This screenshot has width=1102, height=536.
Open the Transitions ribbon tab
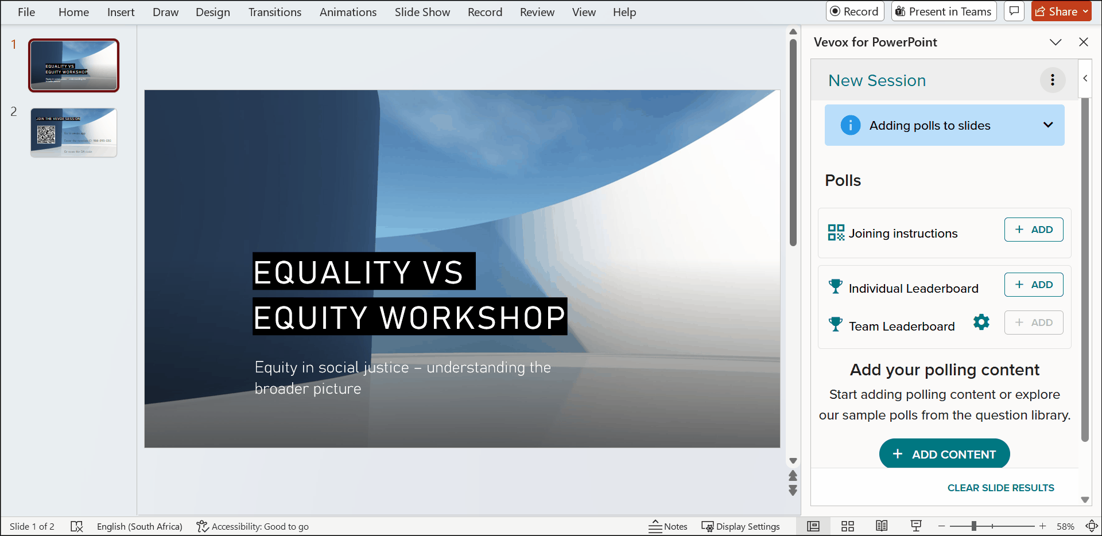click(274, 12)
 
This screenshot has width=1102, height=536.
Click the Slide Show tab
click(422, 12)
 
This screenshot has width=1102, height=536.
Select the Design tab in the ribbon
click(212, 12)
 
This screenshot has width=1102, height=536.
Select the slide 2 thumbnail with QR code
click(73, 133)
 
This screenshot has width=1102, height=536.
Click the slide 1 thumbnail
click(73, 65)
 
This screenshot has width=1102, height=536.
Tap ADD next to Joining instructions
click(1033, 230)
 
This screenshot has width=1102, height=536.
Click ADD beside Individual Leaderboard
click(1033, 285)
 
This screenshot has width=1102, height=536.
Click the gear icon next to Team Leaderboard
click(981, 322)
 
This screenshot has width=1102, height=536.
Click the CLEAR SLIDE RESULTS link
click(1000, 488)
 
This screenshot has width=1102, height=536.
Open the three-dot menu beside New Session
click(1052, 80)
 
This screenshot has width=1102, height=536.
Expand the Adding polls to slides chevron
click(1047, 125)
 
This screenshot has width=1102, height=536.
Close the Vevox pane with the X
click(1083, 42)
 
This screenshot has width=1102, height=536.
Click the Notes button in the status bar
click(668, 526)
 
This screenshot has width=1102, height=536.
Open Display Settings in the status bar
click(740, 526)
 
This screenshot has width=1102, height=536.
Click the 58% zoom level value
click(1065, 526)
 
